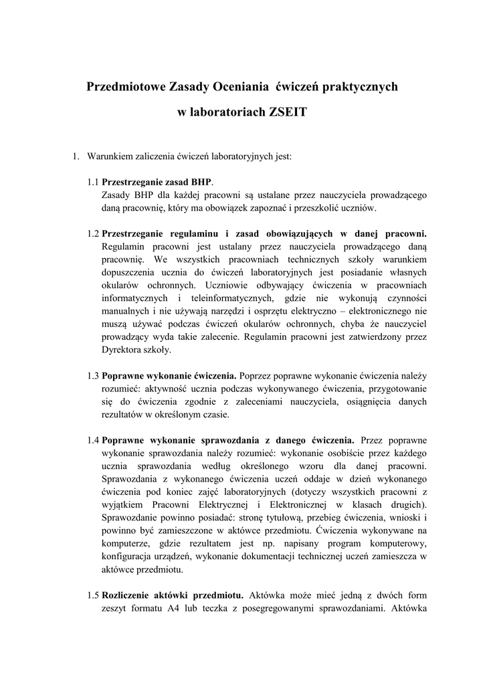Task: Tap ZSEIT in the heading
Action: [x=287, y=112]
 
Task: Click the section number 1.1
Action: [x=93, y=182]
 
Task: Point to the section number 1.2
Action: [x=93, y=233]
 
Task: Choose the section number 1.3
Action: [x=93, y=375]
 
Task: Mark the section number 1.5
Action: [x=93, y=595]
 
